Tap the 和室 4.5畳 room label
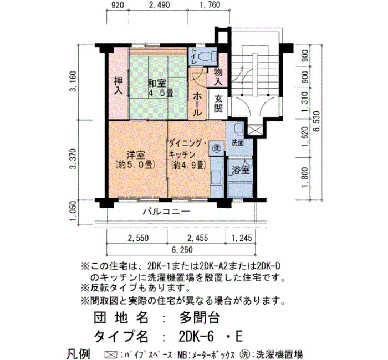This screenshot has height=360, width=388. tap(161, 88)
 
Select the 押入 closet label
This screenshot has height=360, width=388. tap(119, 86)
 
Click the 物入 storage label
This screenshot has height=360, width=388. tap(218, 76)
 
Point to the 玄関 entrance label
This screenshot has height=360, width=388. tap(218, 104)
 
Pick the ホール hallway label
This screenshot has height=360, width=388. tap(197, 104)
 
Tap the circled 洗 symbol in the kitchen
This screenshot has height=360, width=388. tap(217, 148)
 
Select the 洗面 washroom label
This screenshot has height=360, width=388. tap(238, 143)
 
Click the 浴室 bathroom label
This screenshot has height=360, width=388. tap(241, 171)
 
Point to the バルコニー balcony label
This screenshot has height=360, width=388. tap(167, 212)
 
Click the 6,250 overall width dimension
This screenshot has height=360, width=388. tap(182, 250)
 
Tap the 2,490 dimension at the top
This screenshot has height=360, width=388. tap(160, 4)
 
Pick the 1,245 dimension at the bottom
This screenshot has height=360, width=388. tap(242, 238)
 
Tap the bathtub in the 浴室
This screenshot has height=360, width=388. tap(240, 189)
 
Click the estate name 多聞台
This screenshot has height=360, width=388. tap(200, 317)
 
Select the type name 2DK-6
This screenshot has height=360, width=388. tap(196, 336)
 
